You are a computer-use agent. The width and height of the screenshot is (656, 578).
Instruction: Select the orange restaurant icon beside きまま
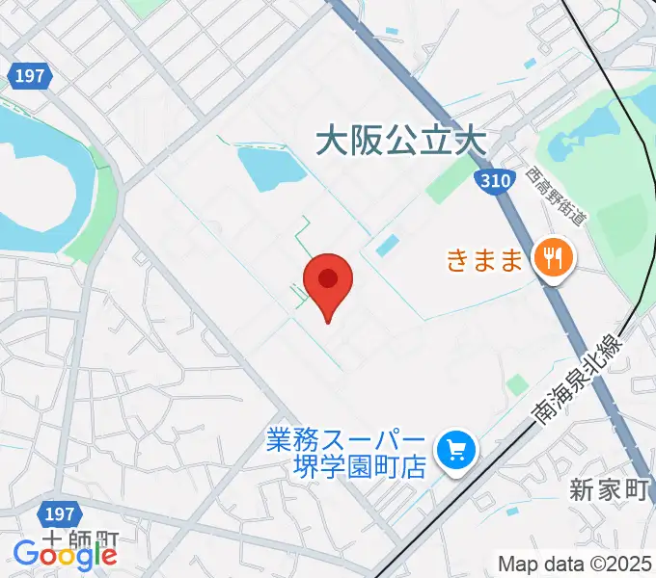point(554,257)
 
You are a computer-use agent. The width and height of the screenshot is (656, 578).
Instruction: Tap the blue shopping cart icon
point(451,449)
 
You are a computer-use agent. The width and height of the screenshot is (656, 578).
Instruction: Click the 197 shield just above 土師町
point(59,513)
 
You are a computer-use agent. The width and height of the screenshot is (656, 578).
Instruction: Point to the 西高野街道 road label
point(557,196)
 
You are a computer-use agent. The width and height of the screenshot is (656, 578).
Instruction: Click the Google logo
point(65,553)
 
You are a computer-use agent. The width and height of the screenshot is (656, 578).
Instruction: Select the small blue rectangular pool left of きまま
point(386,246)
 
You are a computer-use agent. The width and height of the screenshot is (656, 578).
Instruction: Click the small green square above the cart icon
point(518,385)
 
